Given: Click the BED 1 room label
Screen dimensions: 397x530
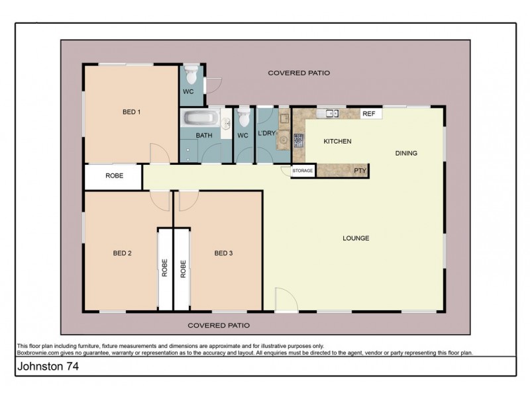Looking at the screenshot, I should pyautogui.click(x=131, y=112).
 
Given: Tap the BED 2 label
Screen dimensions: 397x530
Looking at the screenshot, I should pyautogui.click(x=122, y=253).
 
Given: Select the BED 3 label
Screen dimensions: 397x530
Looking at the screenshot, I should pyautogui.click(x=223, y=253).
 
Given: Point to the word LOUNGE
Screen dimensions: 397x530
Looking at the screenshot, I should pyautogui.click(x=355, y=238).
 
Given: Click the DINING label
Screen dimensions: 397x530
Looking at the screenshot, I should pyautogui.click(x=406, y=154).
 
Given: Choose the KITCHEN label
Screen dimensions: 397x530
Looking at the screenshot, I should pyautogui.click(x=337, y=142).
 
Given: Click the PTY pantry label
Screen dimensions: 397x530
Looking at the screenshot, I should pyautogui.click(x=360, y=171).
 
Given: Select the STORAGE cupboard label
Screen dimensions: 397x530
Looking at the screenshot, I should pyautogui.click(x=302, y=171).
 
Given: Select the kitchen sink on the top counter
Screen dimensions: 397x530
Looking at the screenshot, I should pyautogui.click(x=328, y=113).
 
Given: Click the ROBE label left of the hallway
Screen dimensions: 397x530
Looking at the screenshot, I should pyautogui.click(x=113, y=176).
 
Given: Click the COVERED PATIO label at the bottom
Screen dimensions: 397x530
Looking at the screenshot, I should pyautogui.click(x=219, y=326).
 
